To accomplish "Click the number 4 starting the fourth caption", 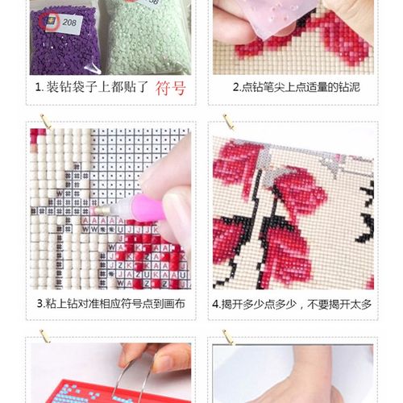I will click(216, 304).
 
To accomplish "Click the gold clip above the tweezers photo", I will click(46, 337).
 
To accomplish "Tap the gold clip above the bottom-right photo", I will click(228, 337).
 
